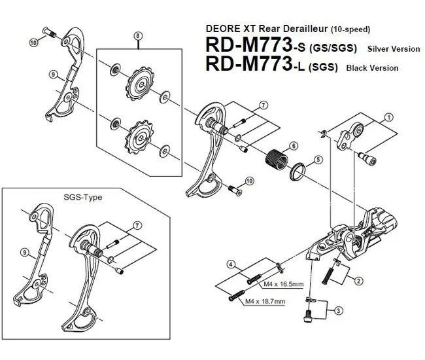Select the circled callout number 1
click(388, 118)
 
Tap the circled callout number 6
click(294, 145)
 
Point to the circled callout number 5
click(318, 159)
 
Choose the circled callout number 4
click(231, 264)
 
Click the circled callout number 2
click(359, 281)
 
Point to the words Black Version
click(372, 68)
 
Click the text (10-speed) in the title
click(351, 29)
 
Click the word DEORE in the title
click(222, 29)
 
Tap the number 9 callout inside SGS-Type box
click(24, 251)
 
